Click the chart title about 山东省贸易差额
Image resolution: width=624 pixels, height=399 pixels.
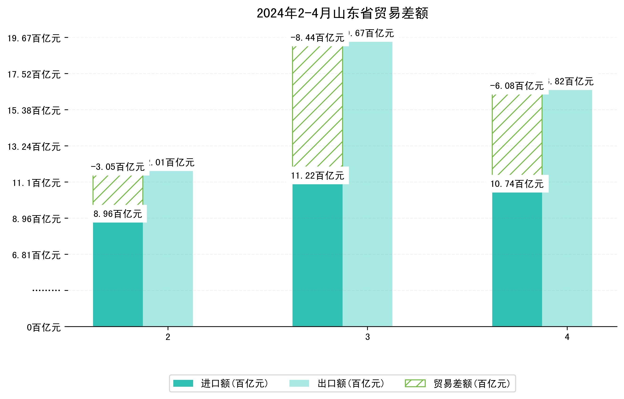pyautogui.click(x=342, y=13)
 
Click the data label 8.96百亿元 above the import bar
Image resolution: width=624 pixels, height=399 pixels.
pyautogui.click(x=118, y=214)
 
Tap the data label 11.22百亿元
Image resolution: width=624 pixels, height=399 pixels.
pyautogui.click(x=318, y=176)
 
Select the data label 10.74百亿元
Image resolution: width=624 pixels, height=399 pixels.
pyautogui.click(x=517, y=184)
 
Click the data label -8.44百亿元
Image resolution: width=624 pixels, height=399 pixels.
pyautogui.click(x=318, y=38)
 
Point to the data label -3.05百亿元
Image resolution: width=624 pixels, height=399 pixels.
pyautogui.click(x=118, y=167)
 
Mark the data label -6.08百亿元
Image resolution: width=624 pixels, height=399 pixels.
pyautogui.click(x=517, y=86)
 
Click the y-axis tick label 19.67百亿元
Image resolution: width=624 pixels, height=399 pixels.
pyautogui.click(x=34, y=38)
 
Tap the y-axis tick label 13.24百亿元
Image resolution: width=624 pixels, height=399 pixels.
pyautogui.click(x=34, y=147)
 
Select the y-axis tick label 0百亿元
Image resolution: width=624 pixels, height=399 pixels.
pyautogui.click(x=44, y=328)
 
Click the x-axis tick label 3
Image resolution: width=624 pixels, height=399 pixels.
pyautogui.click(x=367, y=337)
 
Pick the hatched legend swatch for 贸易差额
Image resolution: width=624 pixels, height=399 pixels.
pyautogui.click(x=415, y=383)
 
